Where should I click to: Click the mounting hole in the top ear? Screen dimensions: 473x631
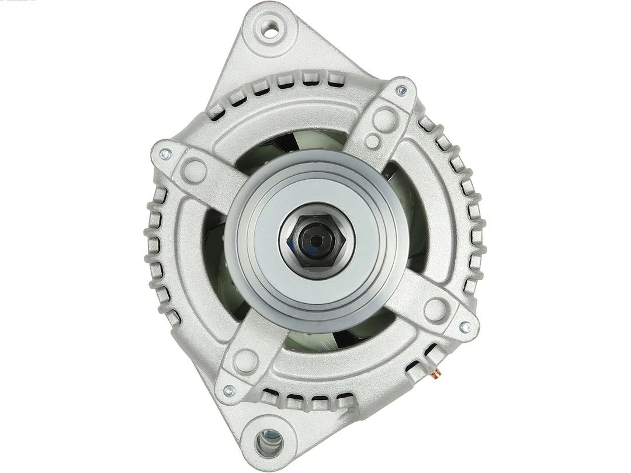(270, 29)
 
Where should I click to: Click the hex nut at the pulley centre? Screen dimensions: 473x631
(315, 240)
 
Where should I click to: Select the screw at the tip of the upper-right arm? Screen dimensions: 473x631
(401, 91)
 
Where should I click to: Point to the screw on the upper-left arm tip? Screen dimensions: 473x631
(165, 154)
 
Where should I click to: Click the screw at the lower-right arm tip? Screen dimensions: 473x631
(465, 327)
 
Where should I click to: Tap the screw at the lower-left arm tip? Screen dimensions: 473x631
(229, 391)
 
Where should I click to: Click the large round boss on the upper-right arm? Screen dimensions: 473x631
(384, 119)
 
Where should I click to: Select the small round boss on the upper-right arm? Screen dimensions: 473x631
(372, 141)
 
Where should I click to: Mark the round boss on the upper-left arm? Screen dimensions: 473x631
(194, 171)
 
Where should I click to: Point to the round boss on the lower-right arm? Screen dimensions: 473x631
(436, 310)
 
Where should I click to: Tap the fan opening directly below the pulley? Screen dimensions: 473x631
(315, 339)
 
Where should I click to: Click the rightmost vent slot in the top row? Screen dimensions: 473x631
(334, 78)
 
